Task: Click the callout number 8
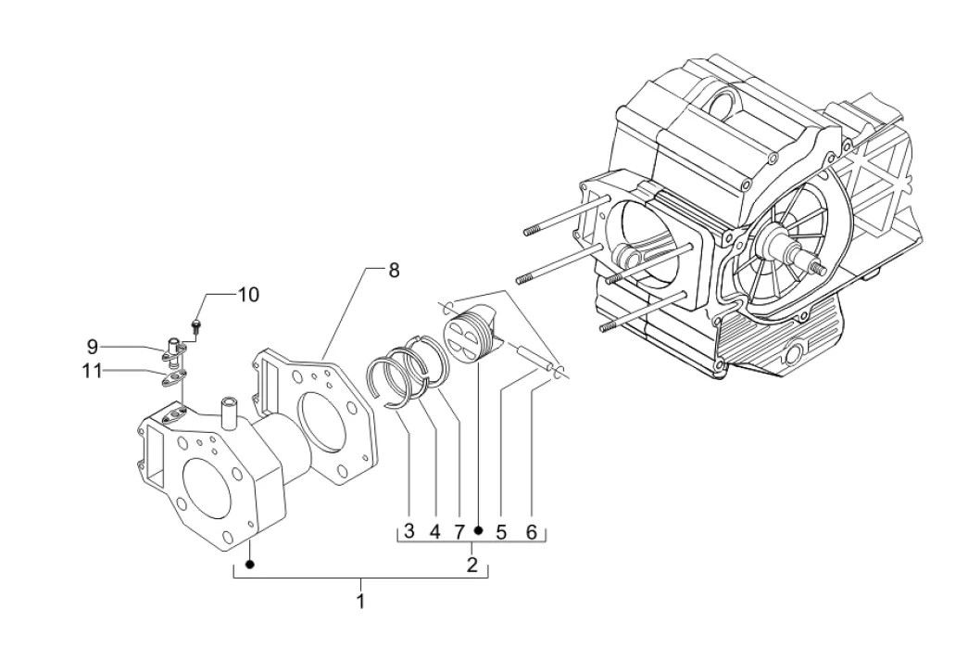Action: tap(394, 271)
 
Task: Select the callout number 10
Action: tap(248, 295)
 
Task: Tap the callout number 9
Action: tap(92, 347)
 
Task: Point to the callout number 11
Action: tap(92, 371)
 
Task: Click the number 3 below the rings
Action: tap(409, 530)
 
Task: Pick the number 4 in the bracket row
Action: tap(435, 530)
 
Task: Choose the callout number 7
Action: tap(459, 530)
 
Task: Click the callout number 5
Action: tap(501, 530)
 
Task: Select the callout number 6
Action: tap(532, 530)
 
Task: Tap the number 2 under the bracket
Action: tap(472, 565)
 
